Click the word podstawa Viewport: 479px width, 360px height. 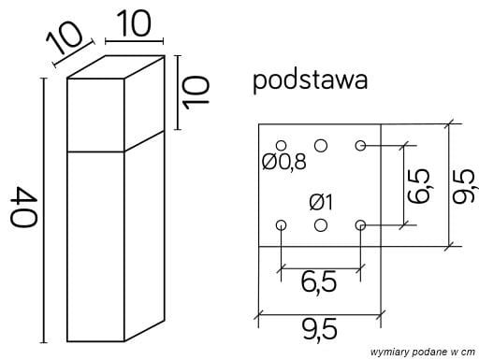click(310, 81)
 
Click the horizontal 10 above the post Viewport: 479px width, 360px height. click(134, 25)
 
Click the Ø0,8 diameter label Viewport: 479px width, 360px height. click(284, 162)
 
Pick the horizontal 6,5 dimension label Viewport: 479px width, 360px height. click(319, 280)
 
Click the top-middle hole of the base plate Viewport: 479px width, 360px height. click(321, 145)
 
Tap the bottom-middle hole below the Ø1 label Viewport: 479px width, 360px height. click(321, 224)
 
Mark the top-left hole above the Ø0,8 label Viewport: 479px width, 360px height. click(281, 145)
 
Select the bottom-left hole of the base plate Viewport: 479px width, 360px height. click(281, 224)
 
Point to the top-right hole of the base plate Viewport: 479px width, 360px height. click(361, 145)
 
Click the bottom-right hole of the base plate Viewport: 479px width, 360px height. click(361, 224)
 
